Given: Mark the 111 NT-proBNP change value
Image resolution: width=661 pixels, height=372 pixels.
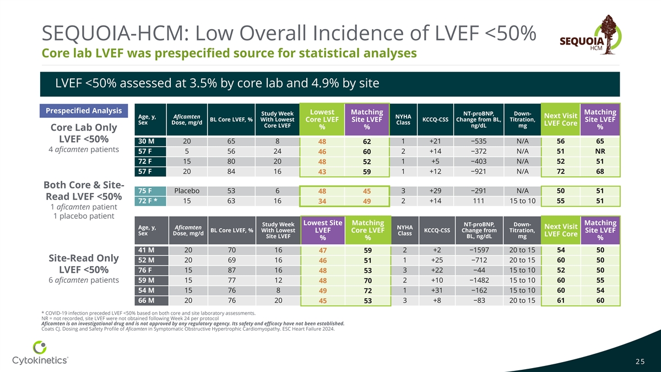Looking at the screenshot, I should point(478,201).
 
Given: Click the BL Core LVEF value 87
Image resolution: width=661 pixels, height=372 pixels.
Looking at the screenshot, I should point(231,270).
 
